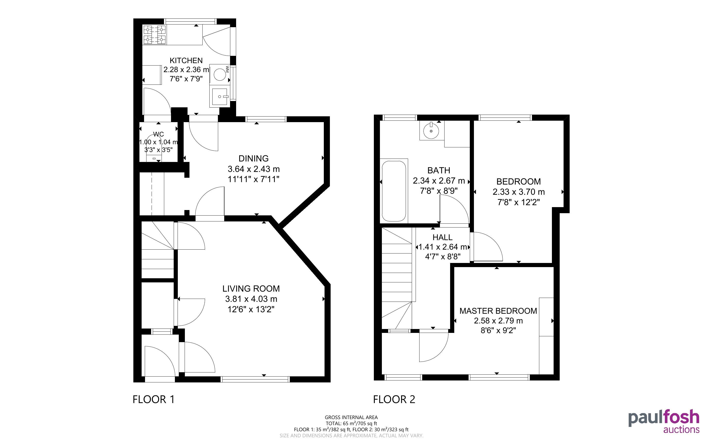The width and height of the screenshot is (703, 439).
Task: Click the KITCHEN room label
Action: pyautogui.click(x=186, y=60)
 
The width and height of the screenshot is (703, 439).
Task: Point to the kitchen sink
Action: pyautogui.click(x=220, y=96)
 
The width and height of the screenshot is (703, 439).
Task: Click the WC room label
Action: pyautogui.click(x=159, y=134)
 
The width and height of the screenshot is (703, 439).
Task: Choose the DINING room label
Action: pyautogui.click(x=254, y=159)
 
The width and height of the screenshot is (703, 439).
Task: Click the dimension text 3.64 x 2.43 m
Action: pyautogui.click(x=254, y=169)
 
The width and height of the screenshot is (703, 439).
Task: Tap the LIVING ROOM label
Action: pyautogui.click(x=251, y=289)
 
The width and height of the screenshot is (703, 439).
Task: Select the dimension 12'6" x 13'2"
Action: pyautogui.click(x=251, y=309)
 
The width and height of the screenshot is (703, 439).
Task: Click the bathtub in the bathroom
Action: pyautogui.click(x=394, y=191)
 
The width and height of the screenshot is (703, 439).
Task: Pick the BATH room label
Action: pyautogui.click(x=439, y=170)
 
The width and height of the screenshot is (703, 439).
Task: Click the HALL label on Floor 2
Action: pyautogui.click(x=443, y=237)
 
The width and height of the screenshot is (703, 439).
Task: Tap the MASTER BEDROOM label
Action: pyautogui.click(x=498, y=311)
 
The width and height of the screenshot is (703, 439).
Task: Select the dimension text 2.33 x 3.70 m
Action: pyautogui.click(x=519, y=192)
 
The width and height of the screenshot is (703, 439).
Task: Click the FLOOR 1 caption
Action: pyautogui.click(x=154, y=399)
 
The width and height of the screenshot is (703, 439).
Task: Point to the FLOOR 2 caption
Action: pyautogui.click(x=394, y=399)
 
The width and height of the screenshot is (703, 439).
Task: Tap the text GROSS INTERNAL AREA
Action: pyautogui.click(x=351, y=418)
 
